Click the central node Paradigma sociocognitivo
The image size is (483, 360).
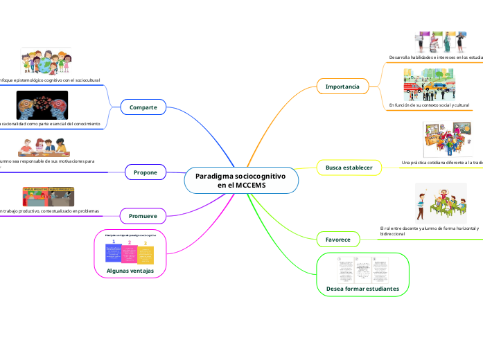tap(240, 181)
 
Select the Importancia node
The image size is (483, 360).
tap(342, 87)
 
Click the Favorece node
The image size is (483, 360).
tap(338, 240)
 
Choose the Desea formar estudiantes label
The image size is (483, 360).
tap(362, 287)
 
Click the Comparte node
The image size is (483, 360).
tap(143, 107)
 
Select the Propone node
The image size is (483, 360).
tap(145, 172)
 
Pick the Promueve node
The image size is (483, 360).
tap(143, 217)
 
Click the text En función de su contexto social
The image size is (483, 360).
tap(429, 105)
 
